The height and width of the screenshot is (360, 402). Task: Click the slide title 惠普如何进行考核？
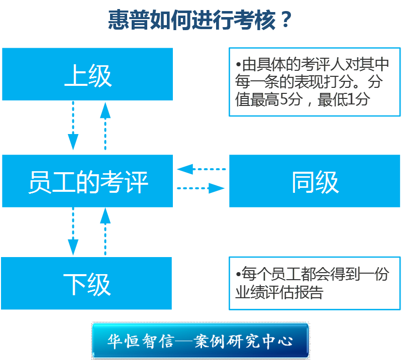pos(200,21)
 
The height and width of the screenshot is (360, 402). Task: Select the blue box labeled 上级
pos(87,74)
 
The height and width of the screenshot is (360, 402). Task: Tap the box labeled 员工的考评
pos(87,181)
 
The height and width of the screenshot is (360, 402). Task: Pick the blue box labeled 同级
pos(315,181)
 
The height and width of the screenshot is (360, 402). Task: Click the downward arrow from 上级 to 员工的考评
pos(73,126)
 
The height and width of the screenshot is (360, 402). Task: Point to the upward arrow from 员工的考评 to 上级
pos(105,126)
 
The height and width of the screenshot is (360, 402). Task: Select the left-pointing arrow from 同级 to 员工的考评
pos(201,169)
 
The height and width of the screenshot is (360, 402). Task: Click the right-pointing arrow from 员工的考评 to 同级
pos(201,189)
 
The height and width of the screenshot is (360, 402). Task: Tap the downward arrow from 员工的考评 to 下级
pos(73,231)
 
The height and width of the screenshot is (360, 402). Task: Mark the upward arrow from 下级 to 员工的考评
pos(105,231)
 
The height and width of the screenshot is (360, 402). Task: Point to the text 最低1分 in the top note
pos(344,99)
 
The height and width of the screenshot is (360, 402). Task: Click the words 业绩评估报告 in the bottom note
pos(279,293)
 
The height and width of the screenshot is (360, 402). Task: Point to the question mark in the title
pos(285,21)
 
